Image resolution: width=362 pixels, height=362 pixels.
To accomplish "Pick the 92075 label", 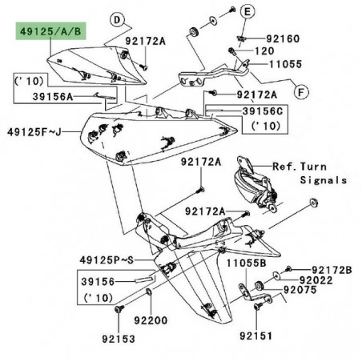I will click(300, 293).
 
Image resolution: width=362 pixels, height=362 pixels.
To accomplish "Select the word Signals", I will click(325, 180).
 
